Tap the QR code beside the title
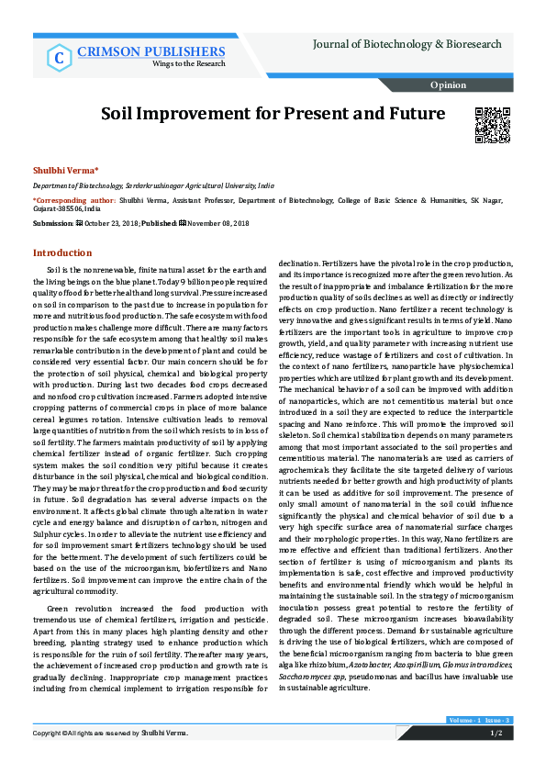point(491,125)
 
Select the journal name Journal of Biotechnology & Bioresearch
point(407,44)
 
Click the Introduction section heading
point(62,252)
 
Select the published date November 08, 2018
point(220,223)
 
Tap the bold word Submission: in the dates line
point(52,223)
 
